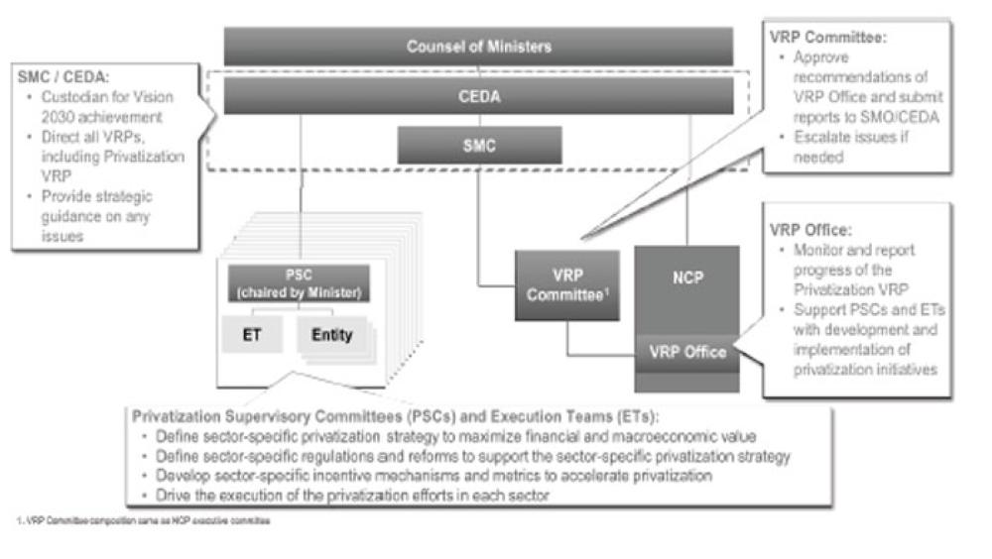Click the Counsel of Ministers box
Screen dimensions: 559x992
(478, 47)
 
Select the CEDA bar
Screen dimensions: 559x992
(478, 97)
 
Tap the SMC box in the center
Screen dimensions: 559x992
(478, 146)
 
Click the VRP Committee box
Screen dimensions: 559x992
(566, 284)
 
